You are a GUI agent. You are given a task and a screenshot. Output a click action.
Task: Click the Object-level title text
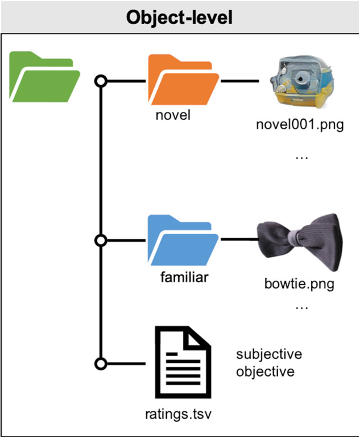180,16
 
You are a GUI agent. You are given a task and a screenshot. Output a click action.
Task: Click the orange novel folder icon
183,79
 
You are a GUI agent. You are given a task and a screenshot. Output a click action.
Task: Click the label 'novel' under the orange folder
172,115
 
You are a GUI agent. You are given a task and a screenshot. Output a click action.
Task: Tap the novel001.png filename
300,125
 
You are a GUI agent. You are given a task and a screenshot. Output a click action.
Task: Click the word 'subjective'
269,354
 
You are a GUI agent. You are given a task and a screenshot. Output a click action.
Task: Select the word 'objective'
266,372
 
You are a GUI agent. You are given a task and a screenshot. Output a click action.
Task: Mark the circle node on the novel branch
101,80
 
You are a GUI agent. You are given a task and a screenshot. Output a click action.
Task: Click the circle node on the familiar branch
101,240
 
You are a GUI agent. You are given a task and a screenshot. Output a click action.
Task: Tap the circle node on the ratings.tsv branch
101,363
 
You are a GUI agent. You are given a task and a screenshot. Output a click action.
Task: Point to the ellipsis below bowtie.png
301,308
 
